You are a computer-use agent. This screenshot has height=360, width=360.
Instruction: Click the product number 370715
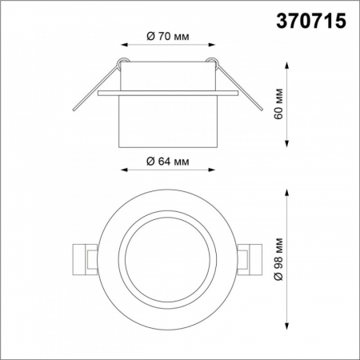pos(312,22)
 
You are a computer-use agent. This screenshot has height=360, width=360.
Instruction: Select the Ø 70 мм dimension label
pos(168,37)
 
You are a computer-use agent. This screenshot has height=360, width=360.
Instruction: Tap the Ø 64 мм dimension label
pos(168,161)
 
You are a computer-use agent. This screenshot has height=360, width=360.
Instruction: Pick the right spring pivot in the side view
pos(213,63)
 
